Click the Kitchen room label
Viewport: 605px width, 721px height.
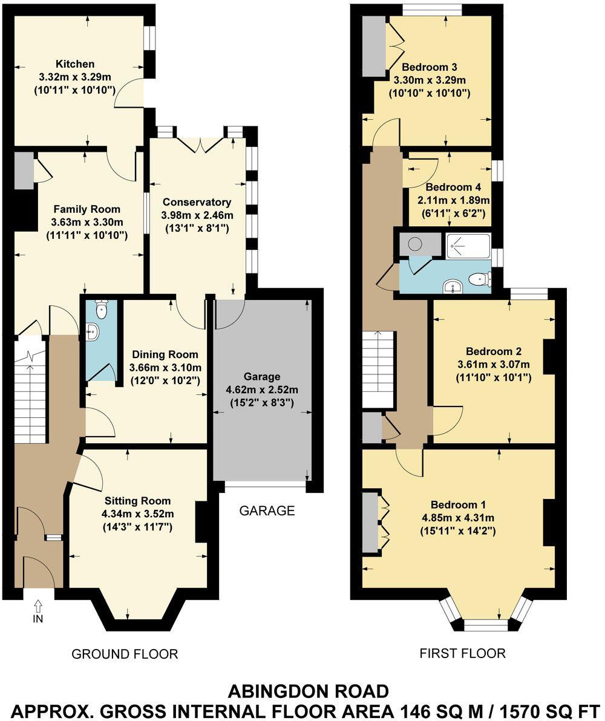tap(75, 64)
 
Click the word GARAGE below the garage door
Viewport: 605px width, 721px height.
tap(267, 511)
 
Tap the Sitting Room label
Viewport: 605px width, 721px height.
tap(137, 501)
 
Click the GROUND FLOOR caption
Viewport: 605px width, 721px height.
tap(125, 654)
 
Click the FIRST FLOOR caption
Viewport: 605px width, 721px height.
tap(462, 653)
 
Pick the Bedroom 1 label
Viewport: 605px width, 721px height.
tap(458, 505)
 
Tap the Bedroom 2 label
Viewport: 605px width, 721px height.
tap(494, 351)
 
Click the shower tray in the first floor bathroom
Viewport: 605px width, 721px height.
tap(468, 244)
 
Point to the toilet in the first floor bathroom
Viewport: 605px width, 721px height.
tap(481, 279)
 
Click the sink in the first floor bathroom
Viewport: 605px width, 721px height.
tap(451, 286)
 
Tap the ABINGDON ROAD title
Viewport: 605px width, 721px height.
tap(308, 691)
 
